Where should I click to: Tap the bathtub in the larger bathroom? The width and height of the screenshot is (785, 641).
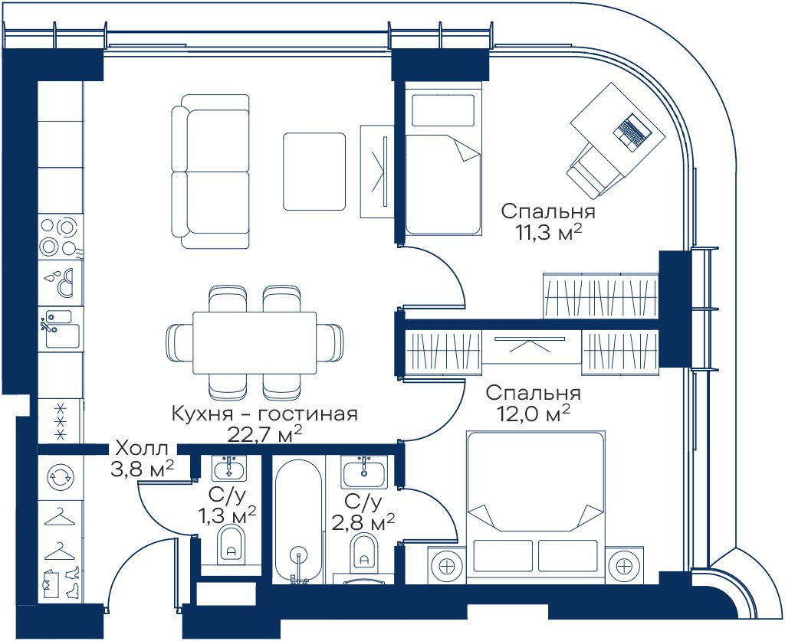(x=299, y=521)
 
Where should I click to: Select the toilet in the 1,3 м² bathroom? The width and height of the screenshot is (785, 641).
(x=232, y=544)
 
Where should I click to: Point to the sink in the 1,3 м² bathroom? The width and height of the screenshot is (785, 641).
(x=229, y=469)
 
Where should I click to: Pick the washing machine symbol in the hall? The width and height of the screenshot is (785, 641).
(x=60, y=476)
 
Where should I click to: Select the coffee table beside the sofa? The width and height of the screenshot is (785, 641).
(x=314, y=172)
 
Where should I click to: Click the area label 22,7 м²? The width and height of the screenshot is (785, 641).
(x=264, y=434)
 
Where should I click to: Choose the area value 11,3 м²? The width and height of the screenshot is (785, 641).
(x=550, y=232)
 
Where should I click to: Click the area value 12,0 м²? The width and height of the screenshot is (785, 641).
(x=534, y=413)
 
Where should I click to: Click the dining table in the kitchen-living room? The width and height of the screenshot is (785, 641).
(x=255, y=342)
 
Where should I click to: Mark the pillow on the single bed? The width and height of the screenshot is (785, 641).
(x=442, y=110)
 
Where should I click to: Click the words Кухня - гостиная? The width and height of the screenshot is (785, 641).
(x=264, y=414)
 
